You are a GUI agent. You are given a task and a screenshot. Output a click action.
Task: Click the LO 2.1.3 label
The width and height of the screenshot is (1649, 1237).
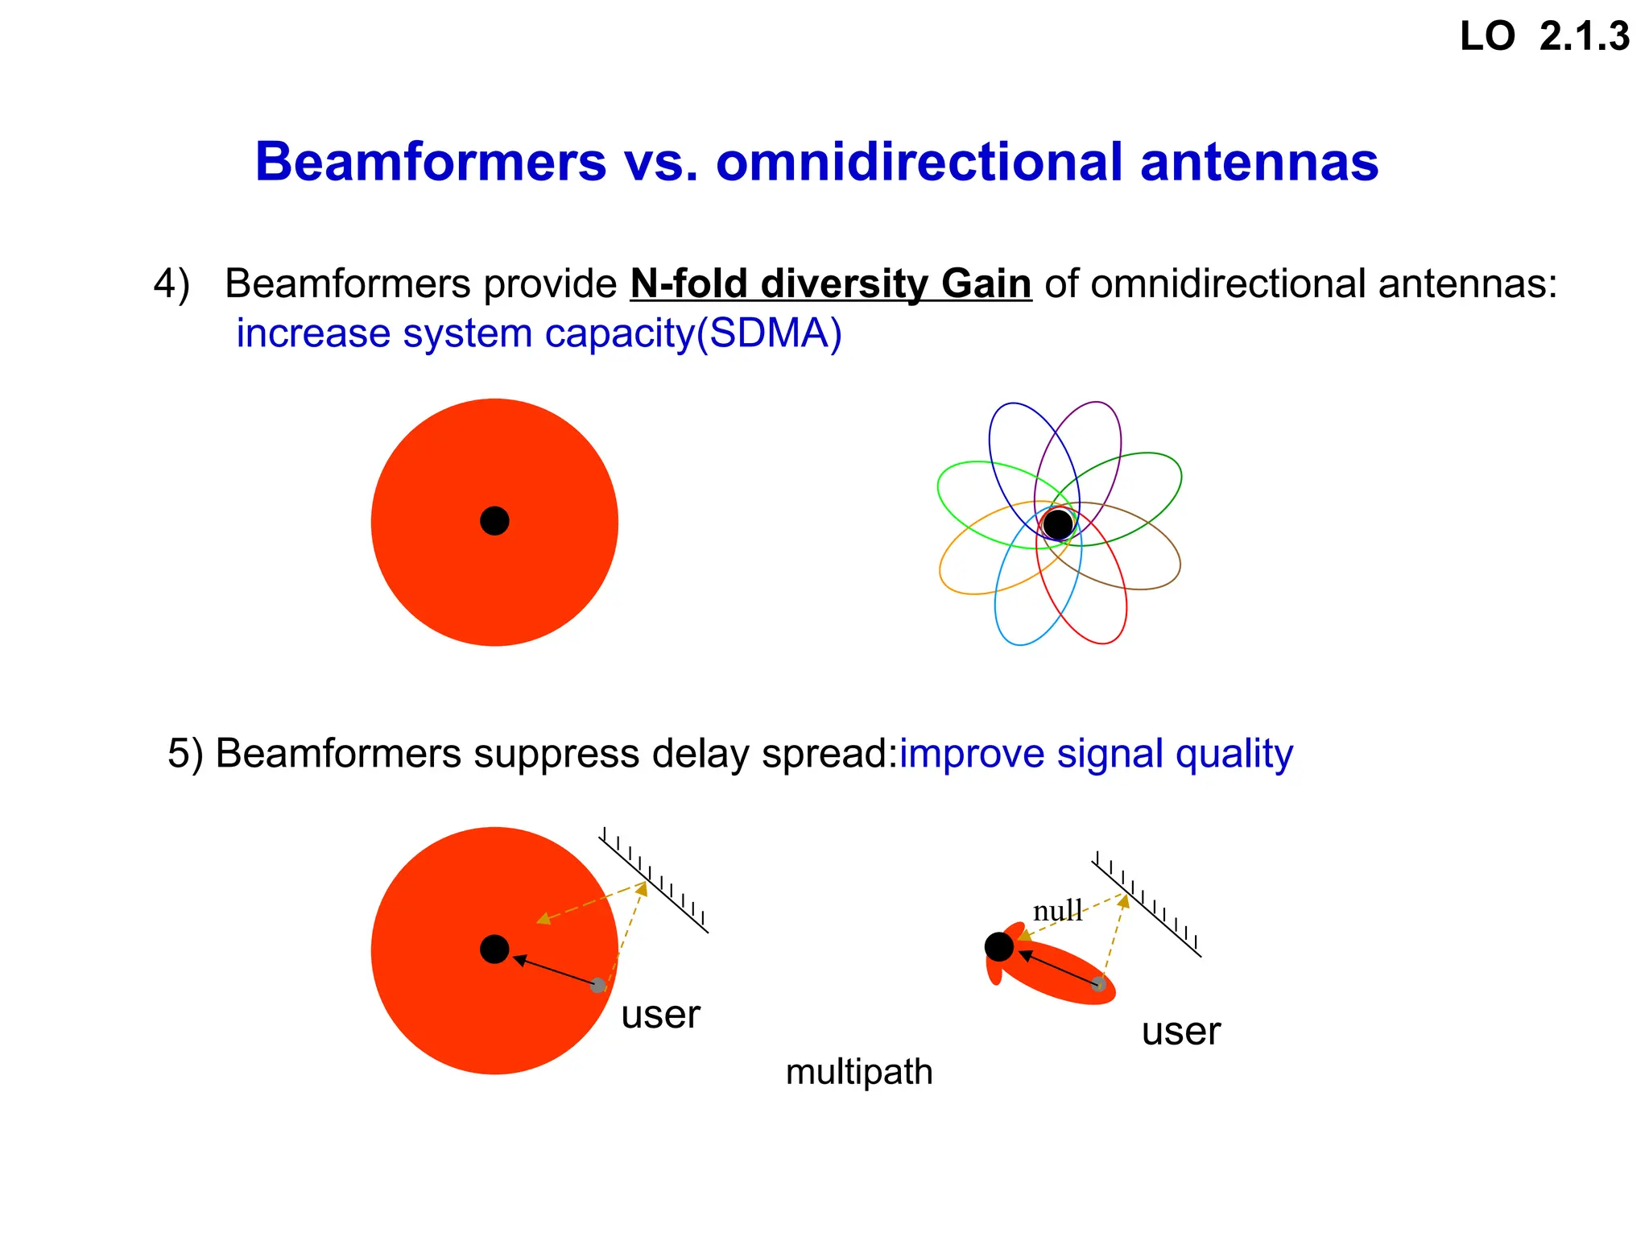click(1544, 37)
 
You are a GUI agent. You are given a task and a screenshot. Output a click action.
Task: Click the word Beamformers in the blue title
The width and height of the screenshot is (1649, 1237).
click(430, 162)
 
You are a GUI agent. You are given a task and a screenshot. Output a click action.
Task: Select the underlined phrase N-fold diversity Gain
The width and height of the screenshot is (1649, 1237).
click(830, 284)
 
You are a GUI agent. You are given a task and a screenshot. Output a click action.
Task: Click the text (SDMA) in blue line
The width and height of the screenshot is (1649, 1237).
click(769, 333)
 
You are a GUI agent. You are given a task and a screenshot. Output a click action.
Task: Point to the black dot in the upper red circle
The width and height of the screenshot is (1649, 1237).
click(494, 521)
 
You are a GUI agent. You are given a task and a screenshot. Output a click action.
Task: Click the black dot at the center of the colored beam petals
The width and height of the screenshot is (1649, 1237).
click(1058, 524)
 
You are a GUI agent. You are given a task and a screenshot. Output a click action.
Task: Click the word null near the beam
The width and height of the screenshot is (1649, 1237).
click(1057, 911)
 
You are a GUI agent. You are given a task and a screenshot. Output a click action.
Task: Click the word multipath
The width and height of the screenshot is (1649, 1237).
click(859, 1072)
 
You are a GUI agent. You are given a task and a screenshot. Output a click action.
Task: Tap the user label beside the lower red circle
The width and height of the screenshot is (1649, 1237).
click(660, 1014)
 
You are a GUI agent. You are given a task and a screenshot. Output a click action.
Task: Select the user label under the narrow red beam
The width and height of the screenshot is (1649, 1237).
click(1180, 1031)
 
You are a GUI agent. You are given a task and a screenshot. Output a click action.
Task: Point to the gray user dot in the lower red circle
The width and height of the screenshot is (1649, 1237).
click(597, 985)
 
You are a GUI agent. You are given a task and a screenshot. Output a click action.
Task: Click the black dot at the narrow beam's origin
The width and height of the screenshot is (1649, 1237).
click(999, 946)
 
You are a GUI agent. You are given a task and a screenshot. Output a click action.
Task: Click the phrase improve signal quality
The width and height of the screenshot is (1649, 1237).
click(1096, 754)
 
